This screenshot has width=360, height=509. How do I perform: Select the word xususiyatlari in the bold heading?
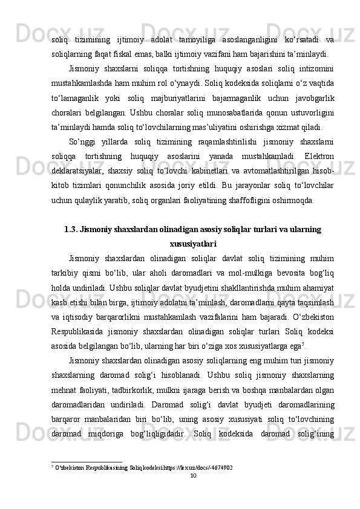(194, 227)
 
